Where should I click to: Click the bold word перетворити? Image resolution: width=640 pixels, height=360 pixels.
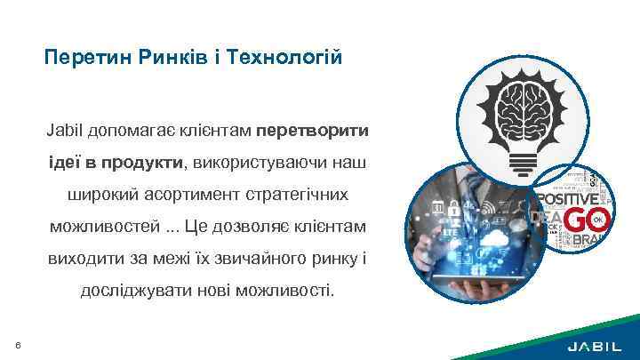(x=313, y=131)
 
